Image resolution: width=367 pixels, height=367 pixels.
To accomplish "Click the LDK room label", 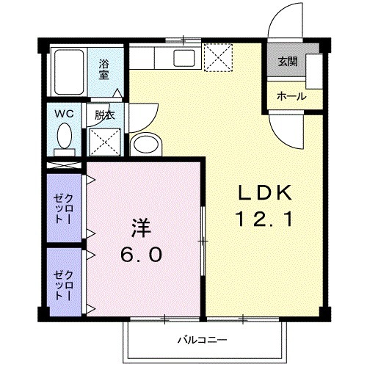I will (x=266, y=193).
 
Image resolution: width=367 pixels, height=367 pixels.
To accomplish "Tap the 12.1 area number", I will (x=266, y=218).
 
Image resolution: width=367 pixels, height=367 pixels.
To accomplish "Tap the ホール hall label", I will (x=291, y=96).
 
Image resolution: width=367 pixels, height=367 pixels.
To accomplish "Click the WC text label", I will (x=64, y=114).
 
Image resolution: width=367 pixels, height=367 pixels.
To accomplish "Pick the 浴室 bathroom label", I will (x=104, y=68).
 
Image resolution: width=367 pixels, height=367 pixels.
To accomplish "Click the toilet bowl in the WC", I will (x=65, y=137).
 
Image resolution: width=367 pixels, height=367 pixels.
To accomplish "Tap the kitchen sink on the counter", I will (x=183, y=59).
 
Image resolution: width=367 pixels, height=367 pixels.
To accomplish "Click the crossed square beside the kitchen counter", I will (x=217, y=58).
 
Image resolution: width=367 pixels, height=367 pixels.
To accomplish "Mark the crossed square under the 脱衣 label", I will (x=105, y=141).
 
